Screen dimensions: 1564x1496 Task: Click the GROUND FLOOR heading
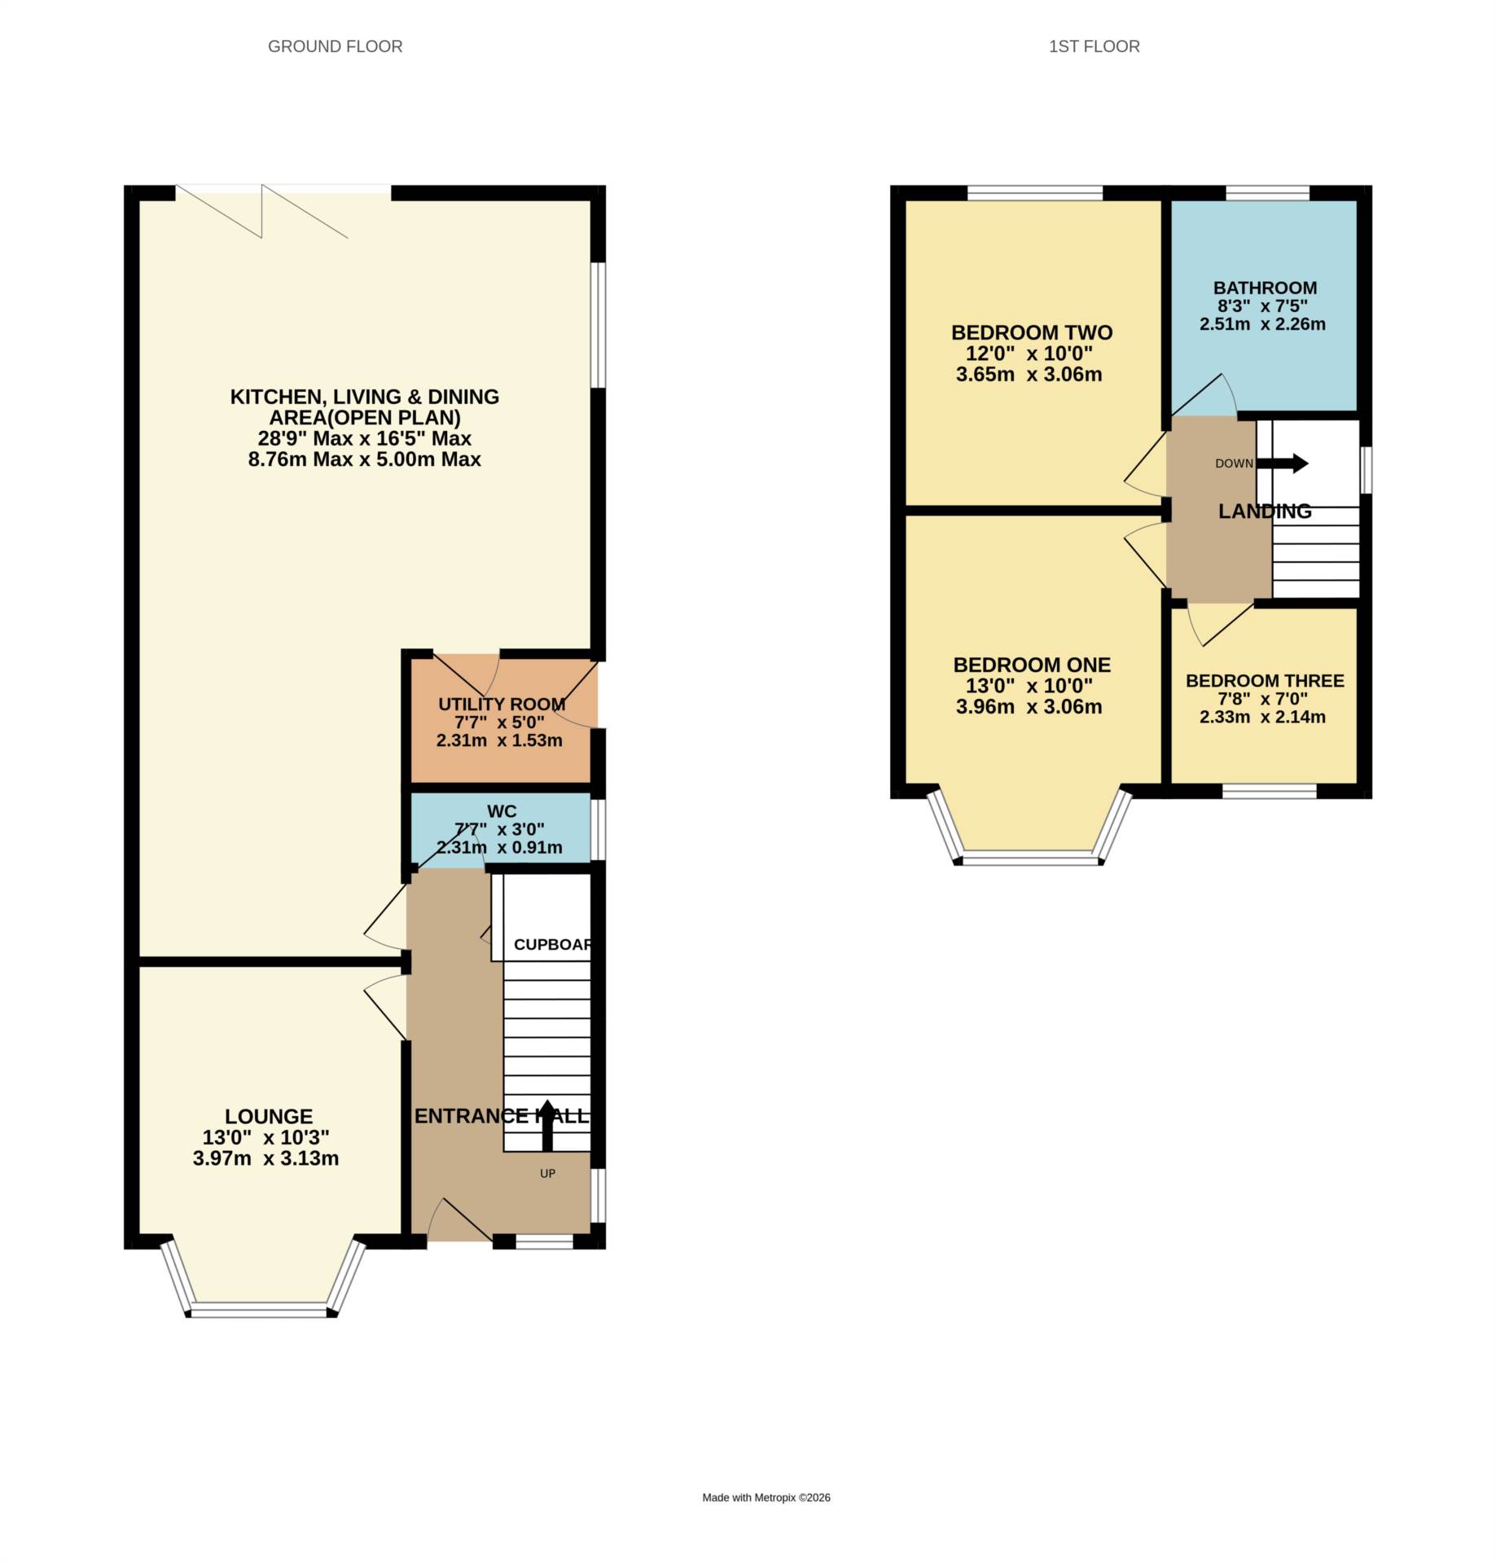(335, 46)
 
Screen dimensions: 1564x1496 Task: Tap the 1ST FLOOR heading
(1094, 46)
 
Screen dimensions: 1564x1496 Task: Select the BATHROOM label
(1265, 288)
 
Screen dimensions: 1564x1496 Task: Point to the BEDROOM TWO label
(1031, 332)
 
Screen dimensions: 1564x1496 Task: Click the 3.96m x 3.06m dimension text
(1029, 706)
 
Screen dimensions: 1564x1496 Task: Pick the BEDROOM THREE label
(1264, 680)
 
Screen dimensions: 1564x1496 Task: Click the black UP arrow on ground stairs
(547, 1126)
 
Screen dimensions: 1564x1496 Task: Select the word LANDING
(1264, 511)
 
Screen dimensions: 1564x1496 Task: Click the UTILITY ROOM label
(502, 704)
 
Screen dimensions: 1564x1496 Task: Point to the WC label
(502, 811)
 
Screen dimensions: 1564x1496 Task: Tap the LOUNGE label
(269, 1116)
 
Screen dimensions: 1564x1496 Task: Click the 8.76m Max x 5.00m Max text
(364, 459)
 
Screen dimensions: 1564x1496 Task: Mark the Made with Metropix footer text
(766, 1497)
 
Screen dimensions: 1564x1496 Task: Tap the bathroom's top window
(1267, 193)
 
